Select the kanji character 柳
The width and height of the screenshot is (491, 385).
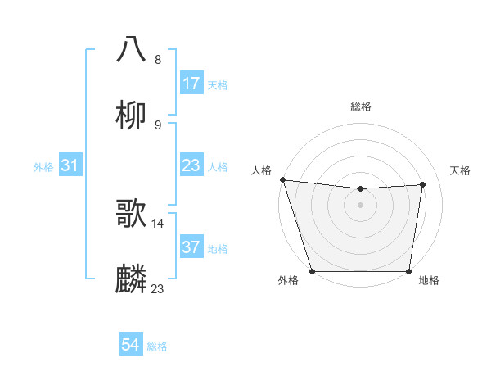coord(131,115)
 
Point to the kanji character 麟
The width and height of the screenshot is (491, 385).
coord(131,279)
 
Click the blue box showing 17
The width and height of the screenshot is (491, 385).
coord(191,84)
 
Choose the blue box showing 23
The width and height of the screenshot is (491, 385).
coord(191,166)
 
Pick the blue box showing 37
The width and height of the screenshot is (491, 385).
coord(191,247)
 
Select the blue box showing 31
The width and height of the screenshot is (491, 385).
coord(70,166)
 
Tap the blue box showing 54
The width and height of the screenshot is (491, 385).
coord(131,346)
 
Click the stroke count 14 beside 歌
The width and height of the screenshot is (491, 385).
coord(158,223)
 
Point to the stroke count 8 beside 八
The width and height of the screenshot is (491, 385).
coord(158,59)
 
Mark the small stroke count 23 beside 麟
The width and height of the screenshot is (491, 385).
coord(158,288)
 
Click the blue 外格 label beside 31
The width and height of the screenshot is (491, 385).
coord(43,167)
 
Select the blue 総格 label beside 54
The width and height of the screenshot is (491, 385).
coord(157,346)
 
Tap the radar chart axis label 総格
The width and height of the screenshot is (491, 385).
coord(361,106)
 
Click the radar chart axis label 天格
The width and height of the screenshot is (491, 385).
coord(461,170)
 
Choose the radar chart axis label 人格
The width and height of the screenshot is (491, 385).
coord(261,170)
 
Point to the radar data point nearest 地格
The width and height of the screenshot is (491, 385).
coord(409,271)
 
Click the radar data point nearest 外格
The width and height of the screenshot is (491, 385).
coord(312,271)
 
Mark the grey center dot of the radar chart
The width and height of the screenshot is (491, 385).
coord(361,204)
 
